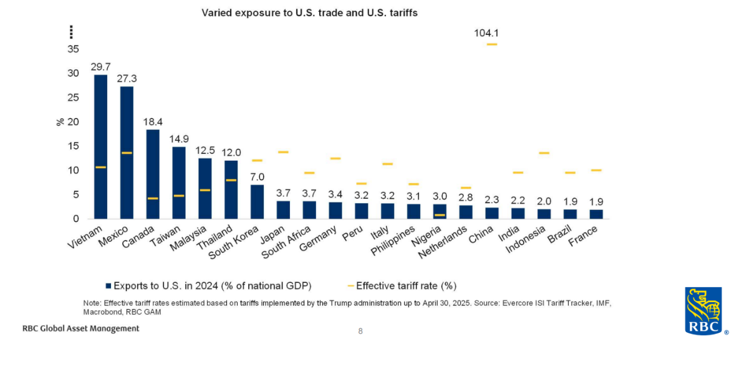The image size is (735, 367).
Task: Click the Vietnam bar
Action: [100, 146]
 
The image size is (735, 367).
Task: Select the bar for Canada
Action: [153, 174]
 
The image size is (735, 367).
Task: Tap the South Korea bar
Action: [257, 201]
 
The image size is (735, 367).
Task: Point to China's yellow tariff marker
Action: [492, 44]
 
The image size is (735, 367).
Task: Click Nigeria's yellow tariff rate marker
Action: [440, 215]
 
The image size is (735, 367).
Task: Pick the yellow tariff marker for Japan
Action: [283, 152]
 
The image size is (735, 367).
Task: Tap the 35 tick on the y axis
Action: [74, 49]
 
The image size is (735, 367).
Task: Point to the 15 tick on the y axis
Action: [74, 146]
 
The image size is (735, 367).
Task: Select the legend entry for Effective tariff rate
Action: [406, 286]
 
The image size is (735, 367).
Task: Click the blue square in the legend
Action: [108, 286]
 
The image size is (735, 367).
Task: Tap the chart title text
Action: [310, 12]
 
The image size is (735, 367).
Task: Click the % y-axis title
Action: [60, 122]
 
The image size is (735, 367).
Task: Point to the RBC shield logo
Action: [703, 310]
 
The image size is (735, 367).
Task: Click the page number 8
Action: [360, 331]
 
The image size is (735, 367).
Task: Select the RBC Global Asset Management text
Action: [80, 328]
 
